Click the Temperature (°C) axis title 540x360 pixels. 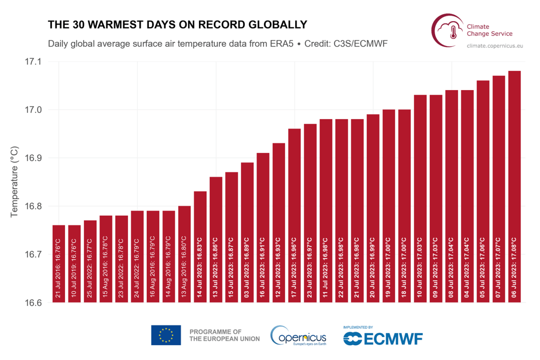point(14,181)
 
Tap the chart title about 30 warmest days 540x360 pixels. point(177,24)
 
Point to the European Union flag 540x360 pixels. point(166,335)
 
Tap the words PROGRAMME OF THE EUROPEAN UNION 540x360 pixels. point(224,335)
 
